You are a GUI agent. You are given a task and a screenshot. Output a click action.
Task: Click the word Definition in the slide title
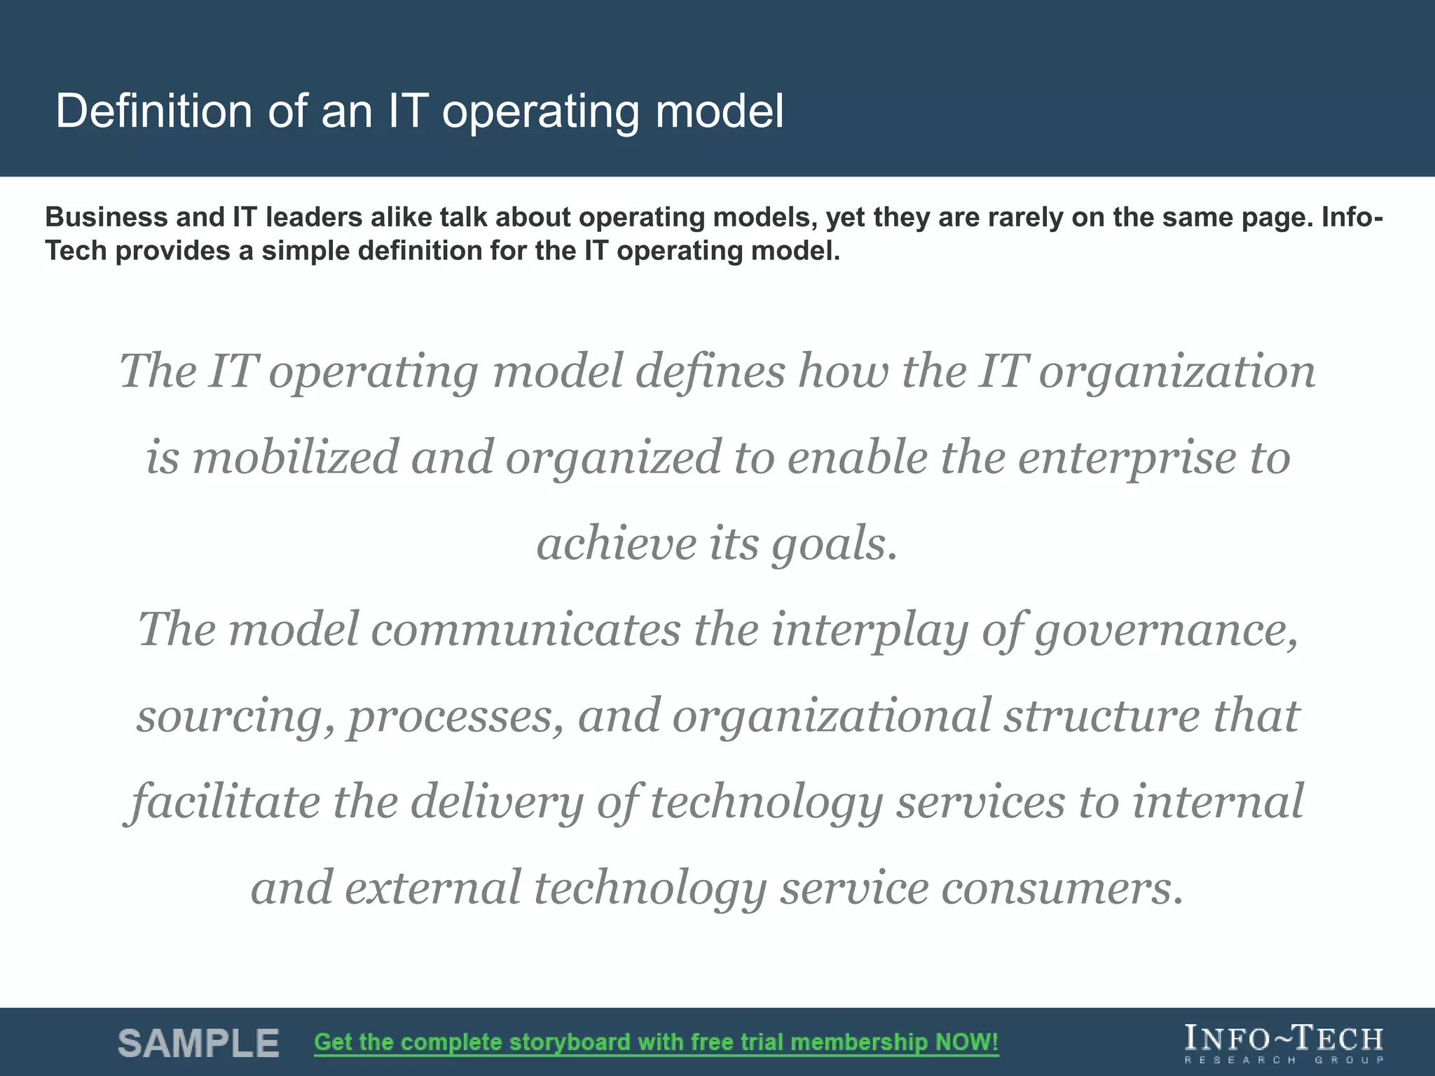pyautogui.click(x=153, y=111)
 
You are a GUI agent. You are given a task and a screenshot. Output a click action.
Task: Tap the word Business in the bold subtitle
pyautogui.click(x=106, y=218)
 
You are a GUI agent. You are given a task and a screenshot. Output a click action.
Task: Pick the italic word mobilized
pyautogui.click(x=295, y=457)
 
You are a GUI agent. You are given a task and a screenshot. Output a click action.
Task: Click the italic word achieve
pyautogui.click(x=616, y=544)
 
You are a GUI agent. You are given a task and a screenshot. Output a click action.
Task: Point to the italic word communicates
pyautogui.click(x=525, y=629)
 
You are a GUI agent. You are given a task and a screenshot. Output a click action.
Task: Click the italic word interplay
pyautogui.click(x=870, y=630)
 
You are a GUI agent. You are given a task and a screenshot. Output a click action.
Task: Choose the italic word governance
pyautogui.click(x=1167, y=630)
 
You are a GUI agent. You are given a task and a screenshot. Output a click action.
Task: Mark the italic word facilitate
pyautogui.click(x=224, y=802)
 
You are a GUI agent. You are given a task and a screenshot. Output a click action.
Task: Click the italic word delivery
pyautogui.click(x=497, y=803)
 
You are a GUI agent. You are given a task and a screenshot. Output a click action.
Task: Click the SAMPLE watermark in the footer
pyautogui.click(x=198, y=1043)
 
